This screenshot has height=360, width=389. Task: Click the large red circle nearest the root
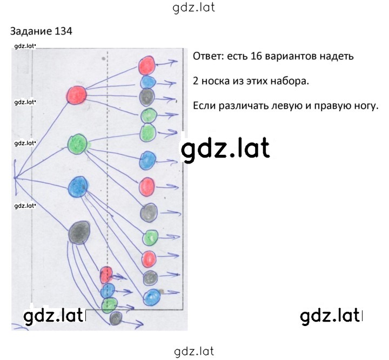coord(77,95)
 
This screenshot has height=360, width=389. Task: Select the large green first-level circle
coord(78,144)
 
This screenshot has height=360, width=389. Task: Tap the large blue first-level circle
coord(78,187)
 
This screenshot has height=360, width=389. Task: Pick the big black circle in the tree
coord(79,233)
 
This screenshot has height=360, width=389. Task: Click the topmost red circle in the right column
coord(146,65)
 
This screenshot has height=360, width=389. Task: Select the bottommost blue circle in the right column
coord(152,297)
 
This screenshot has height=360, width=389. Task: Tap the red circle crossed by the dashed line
coord(106,275)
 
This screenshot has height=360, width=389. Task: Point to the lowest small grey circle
coord(116,318)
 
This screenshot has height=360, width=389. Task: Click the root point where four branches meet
coord(15,178)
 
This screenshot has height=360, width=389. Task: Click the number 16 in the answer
coord(257,56)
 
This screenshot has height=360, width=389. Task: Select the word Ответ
coord(209,56)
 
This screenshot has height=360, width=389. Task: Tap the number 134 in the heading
coord(63,31)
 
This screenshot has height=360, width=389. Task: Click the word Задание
coord(31,31)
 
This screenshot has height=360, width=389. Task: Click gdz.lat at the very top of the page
coord(193,8)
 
